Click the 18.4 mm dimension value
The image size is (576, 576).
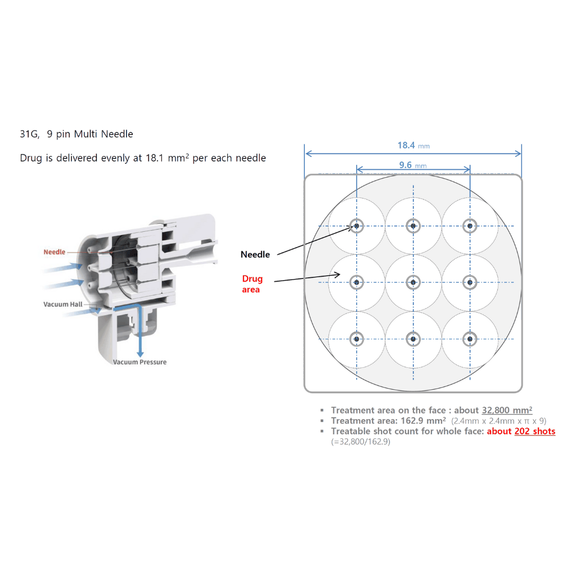pyautogui.click(x=406, y=145)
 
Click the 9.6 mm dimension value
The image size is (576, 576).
pyautogui.click(x=406, y=165)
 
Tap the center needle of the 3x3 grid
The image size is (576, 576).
pyautogui.click(x=413, y=282)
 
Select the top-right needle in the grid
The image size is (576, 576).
pyautogui.click(x=470, y=226)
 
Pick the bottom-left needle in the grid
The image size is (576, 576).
pyautogui.click(x=357, y=339)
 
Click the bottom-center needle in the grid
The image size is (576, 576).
pyautogui.click(x=413, y=339)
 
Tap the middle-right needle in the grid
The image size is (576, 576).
pyautogui.click(x=470, y=282)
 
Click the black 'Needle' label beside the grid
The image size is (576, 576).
pyautogui.click(x=255, y=254)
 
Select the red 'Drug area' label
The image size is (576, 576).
pyautogui.click(x=252, y=284)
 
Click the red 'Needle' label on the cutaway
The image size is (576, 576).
pyautogui.click(x=55, y=252)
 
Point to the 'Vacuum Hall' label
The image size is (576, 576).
pyautogui.click(x=62, y=304)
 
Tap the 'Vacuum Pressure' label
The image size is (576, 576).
pyautogui.click(x=139, y=362)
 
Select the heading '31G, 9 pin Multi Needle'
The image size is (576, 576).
pyautogui.click(x=76, y=134)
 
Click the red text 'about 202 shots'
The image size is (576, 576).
pyautogui.click(x=521, y=431)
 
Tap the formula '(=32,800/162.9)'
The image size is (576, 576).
pyautogui.click(x=360, y=442)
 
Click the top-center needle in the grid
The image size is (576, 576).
pyautogui.click(x=413, y=226)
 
